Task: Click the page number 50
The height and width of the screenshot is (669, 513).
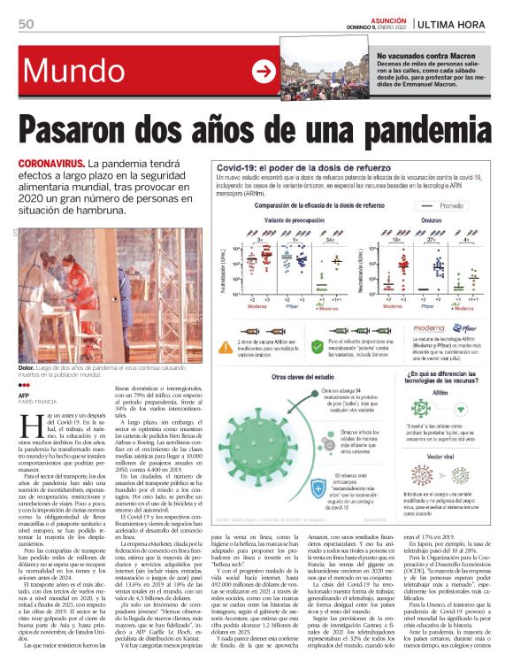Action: click(x=26, y=23)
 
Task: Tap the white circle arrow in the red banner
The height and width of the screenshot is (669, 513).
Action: click(x=263, y=71)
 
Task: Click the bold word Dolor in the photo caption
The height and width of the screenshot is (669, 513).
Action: click(x=27, y=367)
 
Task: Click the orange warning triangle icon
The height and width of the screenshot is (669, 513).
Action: click(x=227, y=341)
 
